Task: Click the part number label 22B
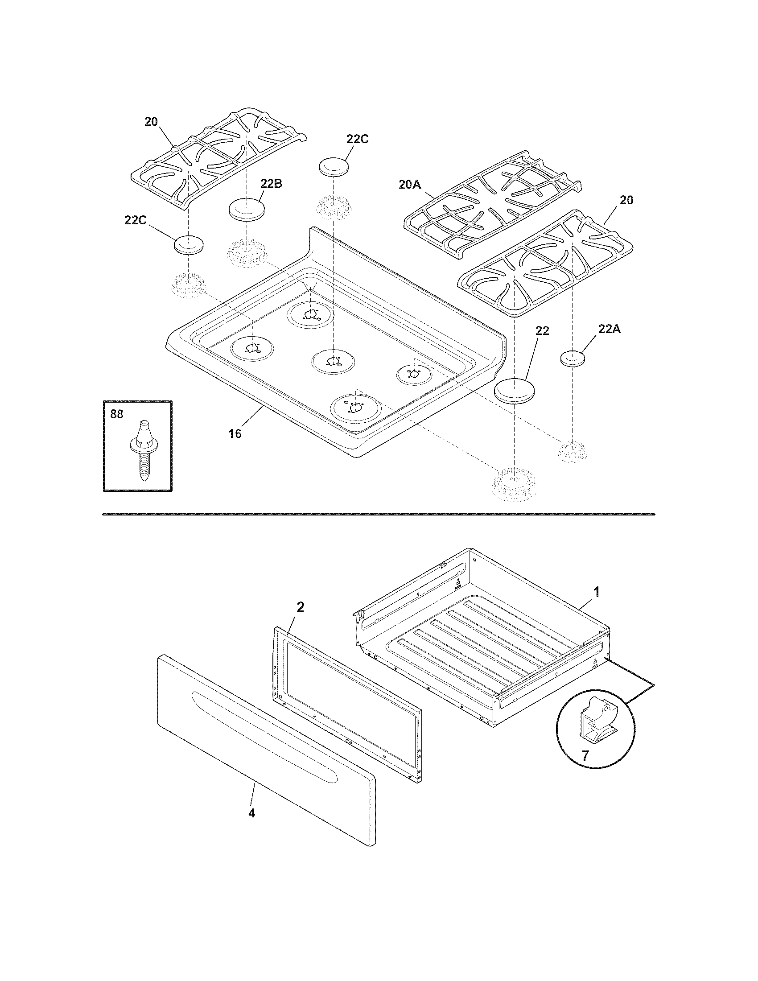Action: tap(271, 184)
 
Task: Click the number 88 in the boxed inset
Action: tap(117, 414)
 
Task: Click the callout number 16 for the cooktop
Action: tap(235, 433)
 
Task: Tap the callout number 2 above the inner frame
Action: tap(300, 607)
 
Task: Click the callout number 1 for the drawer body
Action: tap(596, 593)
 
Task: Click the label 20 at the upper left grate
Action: tap(151, 122)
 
